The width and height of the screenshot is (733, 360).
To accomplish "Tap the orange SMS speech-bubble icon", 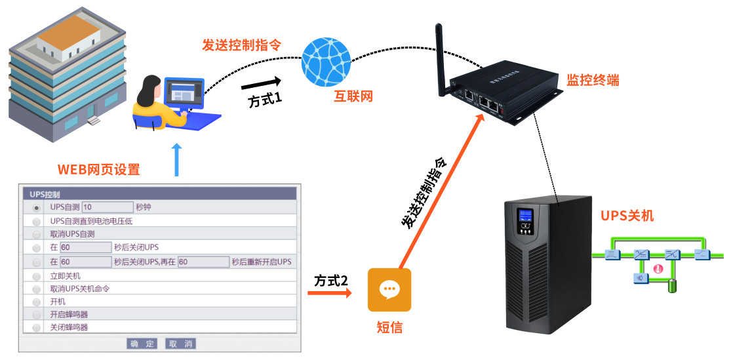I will coord(389,289).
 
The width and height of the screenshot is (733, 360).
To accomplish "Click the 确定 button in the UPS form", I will coord(142,344).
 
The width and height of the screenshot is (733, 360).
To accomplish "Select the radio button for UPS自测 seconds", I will coord(36,208).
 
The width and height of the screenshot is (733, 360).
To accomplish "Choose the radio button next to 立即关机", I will coord(36,277).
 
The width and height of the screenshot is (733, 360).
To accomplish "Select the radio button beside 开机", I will coord(36,302).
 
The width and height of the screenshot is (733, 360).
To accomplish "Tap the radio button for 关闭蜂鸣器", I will coord(36,327).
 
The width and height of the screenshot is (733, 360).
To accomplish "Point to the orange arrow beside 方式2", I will coord(330,292).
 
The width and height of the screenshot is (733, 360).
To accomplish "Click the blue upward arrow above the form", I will coord(176,161).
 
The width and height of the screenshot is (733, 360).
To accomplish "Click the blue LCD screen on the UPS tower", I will coord(525,216).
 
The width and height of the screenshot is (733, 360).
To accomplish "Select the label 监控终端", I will coord(593,81).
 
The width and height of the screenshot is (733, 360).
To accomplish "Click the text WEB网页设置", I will coord(99,170).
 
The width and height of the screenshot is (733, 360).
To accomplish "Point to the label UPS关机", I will coord(627,216).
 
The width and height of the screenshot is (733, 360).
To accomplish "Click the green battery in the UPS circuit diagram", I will coord(671,286).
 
